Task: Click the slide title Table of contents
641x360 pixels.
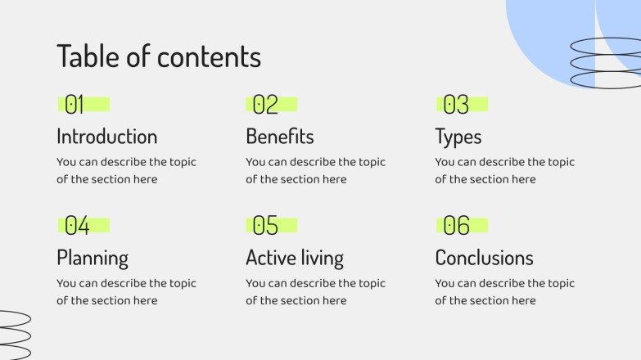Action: [x=159, y=56]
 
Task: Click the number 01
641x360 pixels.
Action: [x=74, y=105]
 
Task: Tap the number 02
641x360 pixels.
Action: [x=265, y=105]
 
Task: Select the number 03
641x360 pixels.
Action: [x=456, y=105]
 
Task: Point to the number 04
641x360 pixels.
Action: [x=77, y=225]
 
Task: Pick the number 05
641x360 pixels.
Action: [x=265, y=225]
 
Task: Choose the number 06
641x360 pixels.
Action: [x=457, y=225]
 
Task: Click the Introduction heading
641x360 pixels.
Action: [x=106, y=137]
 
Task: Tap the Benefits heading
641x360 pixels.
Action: [x=280, y=137]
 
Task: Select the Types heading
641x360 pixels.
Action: [x=458, y=137]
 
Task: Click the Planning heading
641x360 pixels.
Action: [x=93, y=259]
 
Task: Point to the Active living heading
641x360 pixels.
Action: [x=295, y=259]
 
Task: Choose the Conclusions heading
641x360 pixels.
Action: [x=484, y=259]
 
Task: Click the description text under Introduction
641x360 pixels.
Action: [x=126, y=170]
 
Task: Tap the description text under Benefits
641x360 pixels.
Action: [x=315, y=170]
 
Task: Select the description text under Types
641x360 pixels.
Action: [x=504, y=170]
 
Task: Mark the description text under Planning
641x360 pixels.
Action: [x=126, y=292]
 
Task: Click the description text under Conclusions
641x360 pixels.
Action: [x=504, y=292]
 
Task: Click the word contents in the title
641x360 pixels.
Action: [x=209, y=56]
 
